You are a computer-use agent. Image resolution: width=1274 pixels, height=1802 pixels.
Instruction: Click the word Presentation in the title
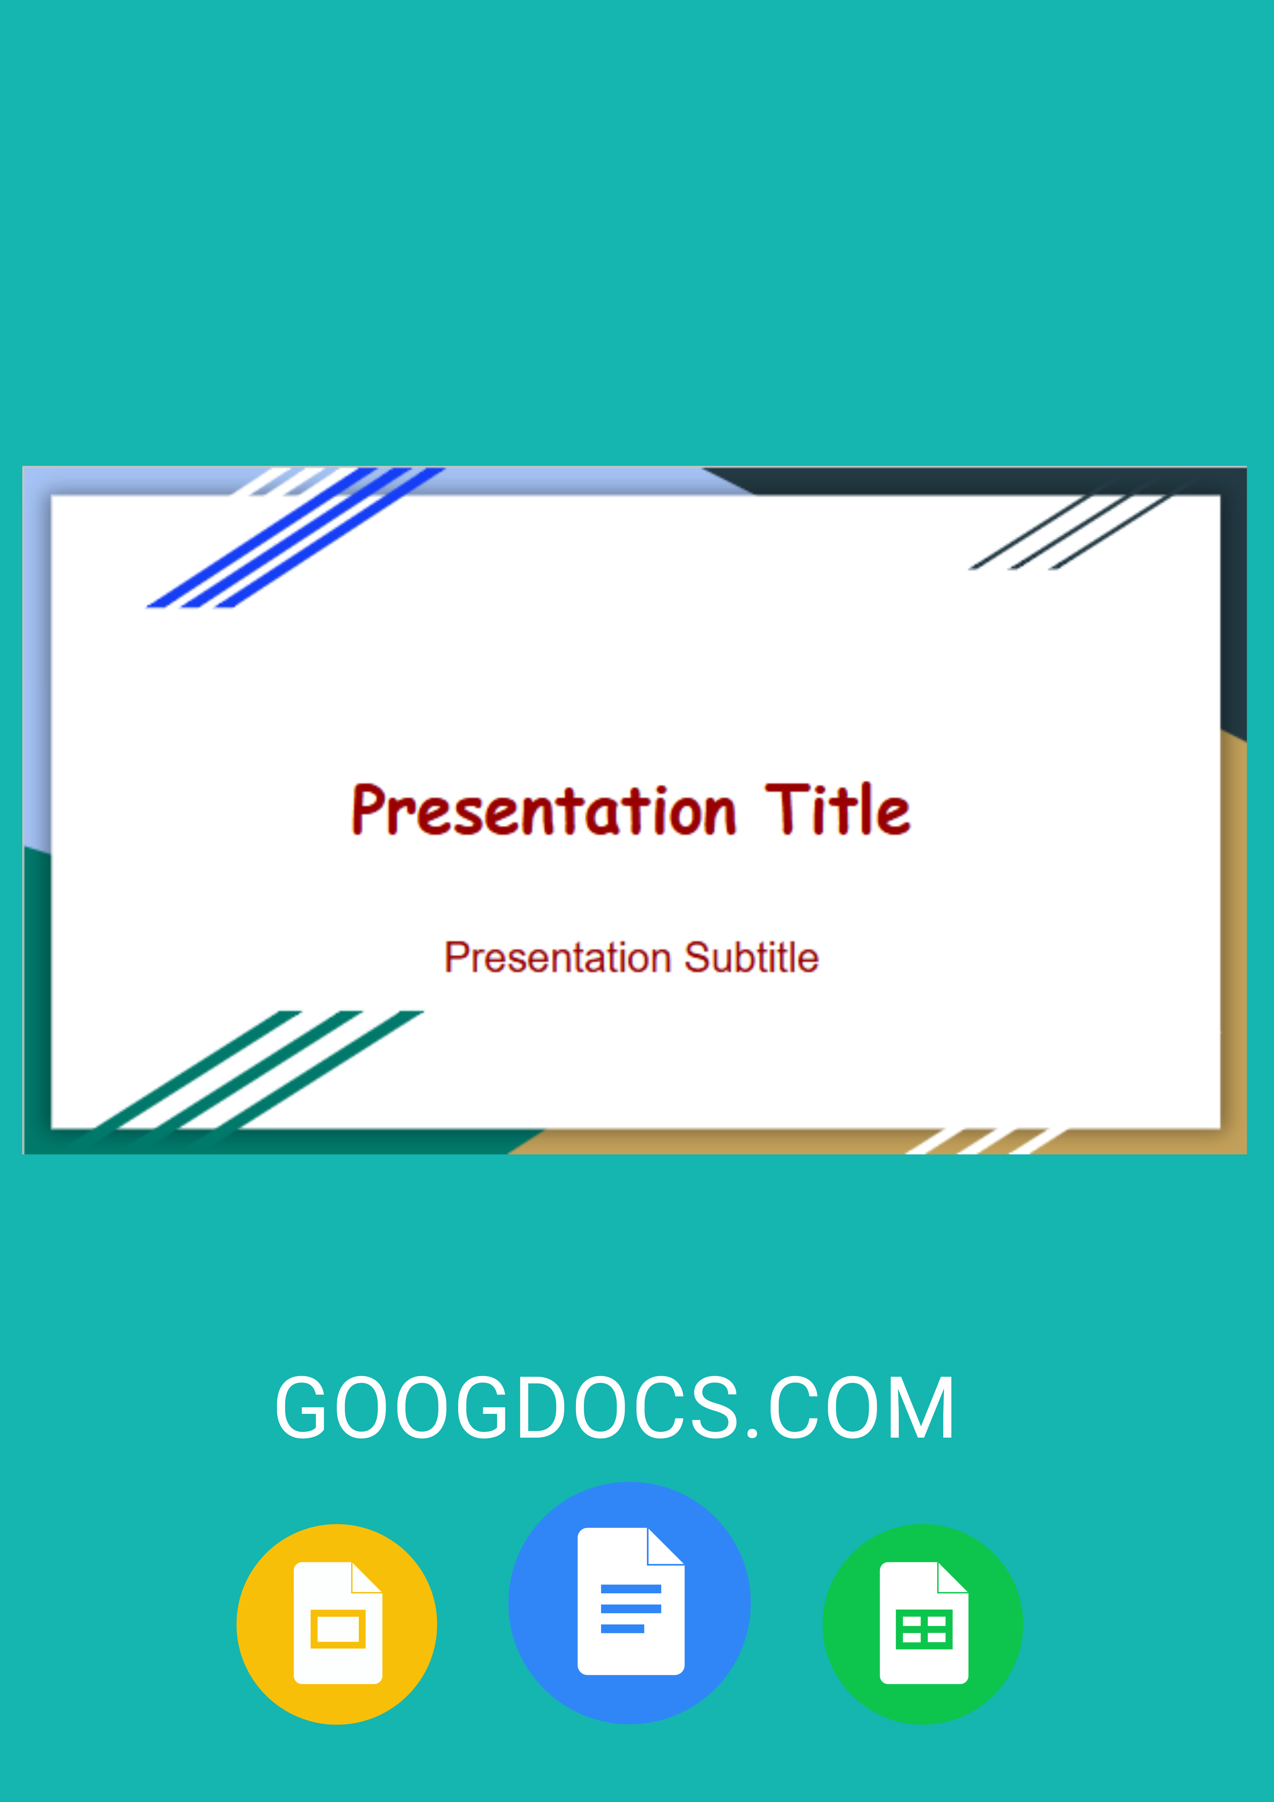tap(543, 810)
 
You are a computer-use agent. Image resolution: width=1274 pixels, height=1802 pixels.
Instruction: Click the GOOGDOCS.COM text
tap(614, 1409)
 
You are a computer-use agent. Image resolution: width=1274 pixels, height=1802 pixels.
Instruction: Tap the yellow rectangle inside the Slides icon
tap(338, 1629)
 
